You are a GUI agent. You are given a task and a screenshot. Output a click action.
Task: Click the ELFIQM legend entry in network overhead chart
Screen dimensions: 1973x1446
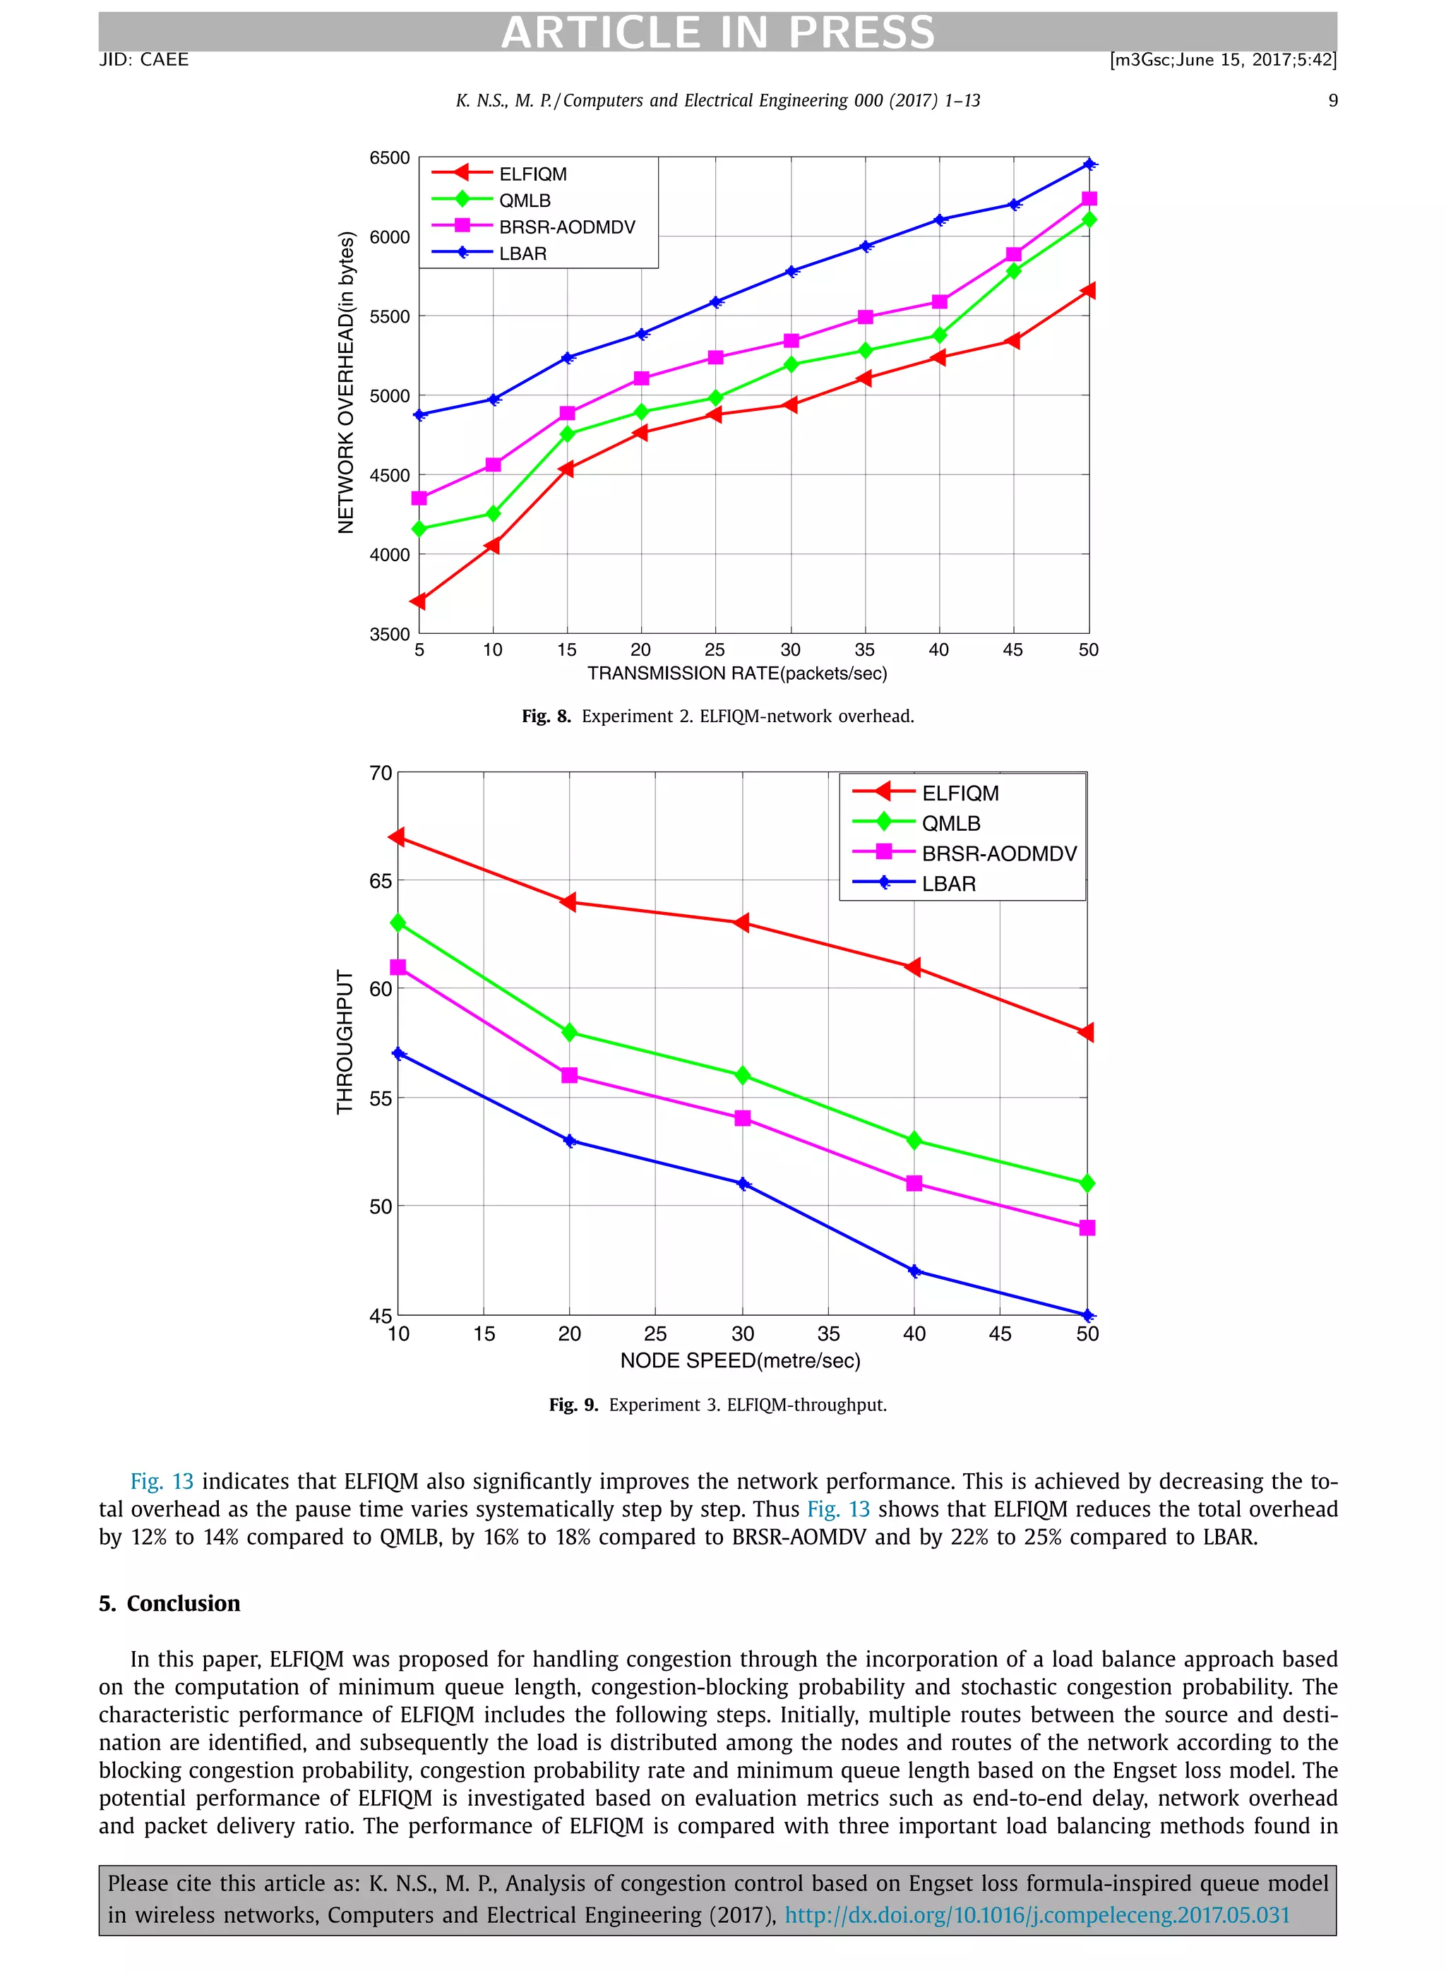click(532, 174)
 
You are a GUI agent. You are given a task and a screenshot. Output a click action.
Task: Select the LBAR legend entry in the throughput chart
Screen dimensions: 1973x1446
click(948, 884)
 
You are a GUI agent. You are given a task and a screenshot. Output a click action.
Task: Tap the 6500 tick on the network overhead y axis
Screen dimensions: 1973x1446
click(390, 158)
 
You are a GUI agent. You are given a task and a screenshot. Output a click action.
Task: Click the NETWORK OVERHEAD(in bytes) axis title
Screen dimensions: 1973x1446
click(347, 383)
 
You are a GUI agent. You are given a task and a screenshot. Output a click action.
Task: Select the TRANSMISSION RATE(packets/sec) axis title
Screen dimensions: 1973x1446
click(737, 673)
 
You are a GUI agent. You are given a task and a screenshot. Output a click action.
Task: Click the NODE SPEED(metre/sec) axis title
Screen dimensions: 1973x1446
click(741, 1360)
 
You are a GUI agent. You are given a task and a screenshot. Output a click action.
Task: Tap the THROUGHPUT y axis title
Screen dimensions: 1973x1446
click(345, 1041)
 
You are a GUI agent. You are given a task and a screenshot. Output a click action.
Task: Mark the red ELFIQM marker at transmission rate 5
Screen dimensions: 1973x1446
click(419, 601)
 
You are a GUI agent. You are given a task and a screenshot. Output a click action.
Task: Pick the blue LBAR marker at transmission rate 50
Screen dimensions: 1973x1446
click(1089, 164)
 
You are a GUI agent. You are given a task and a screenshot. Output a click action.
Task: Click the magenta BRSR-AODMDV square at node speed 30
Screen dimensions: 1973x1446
click(742, 1118)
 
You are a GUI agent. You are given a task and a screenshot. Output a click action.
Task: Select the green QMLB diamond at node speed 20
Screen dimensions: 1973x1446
click(570, 1033)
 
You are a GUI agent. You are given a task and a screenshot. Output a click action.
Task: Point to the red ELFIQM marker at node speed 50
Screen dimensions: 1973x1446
click(1086, 1033)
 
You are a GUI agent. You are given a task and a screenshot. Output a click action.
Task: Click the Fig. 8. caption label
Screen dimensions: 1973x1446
click(545, 716)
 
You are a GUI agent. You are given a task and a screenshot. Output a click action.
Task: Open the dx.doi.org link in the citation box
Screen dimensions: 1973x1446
click(1036, 1915)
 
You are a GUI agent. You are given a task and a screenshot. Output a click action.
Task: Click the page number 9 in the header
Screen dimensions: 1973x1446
click(1332, 101)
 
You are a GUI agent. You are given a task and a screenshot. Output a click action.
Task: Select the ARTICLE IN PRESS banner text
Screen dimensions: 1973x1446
click(718, 32)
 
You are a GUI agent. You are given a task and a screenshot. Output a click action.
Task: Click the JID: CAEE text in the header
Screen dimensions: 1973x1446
click(143, 59)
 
